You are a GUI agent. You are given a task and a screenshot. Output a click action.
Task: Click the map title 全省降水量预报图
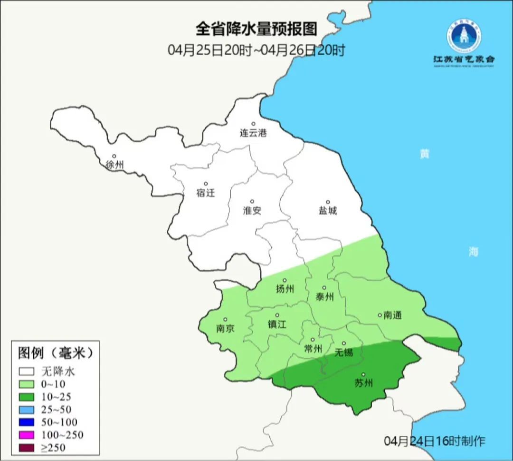coord(256,29)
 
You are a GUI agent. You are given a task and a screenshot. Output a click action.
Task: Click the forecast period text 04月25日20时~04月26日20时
coord(256,50)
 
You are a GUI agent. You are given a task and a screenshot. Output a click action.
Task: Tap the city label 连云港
coord(253,133)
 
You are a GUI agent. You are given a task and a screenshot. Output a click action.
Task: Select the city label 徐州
coord(115,165)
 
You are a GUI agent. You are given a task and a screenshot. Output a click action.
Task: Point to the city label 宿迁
coord(206,193)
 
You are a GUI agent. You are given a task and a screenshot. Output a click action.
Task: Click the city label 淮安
coord(252,210)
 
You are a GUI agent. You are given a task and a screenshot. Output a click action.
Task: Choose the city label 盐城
coord(327,211)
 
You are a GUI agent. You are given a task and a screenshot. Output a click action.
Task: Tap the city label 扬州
coord(285,289)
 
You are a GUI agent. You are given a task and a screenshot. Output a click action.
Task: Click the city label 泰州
coord(324,297)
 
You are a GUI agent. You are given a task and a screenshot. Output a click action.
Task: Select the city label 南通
coord(392,315)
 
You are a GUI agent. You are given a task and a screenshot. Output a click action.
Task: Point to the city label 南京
coord(225,329)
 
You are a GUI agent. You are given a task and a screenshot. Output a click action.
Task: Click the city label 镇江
coord(277,324)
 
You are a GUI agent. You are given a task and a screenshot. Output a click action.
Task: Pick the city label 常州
coord(313,349)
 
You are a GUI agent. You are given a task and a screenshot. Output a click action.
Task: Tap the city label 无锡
coord(344,353)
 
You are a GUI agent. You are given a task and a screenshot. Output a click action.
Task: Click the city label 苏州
coord(364,383)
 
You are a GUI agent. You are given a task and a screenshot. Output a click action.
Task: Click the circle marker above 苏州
coord(364,374)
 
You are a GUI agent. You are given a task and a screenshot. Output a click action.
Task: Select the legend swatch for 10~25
coord(28,396)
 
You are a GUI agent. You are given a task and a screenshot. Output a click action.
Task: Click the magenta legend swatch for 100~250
coord(28,434)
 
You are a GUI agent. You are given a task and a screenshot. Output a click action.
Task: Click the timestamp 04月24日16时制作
coord(435,441)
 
